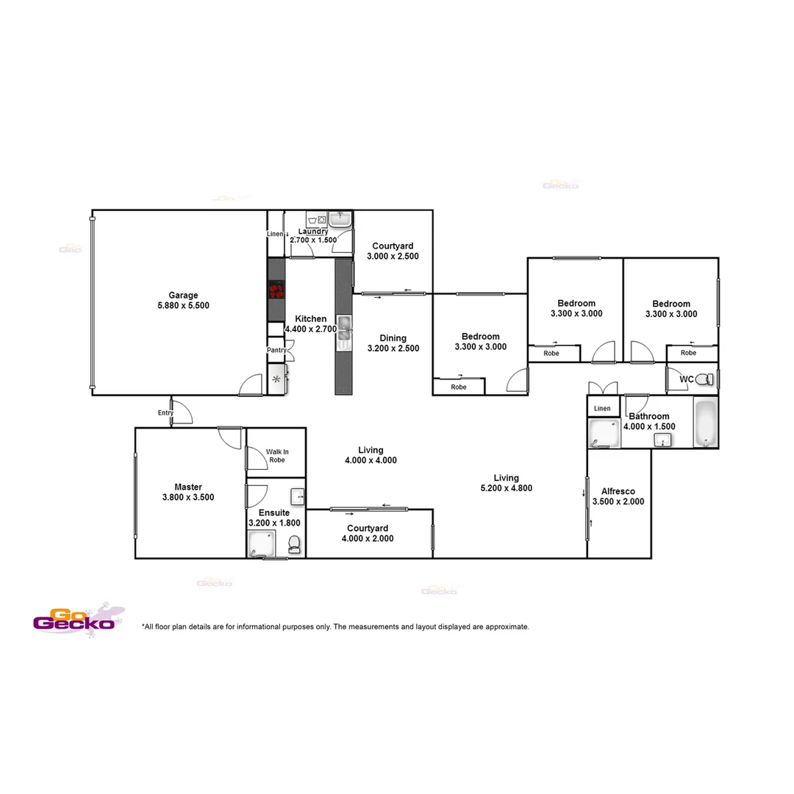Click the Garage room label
pos(183,296)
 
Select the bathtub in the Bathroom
pos(705,423)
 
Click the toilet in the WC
pos(704,379)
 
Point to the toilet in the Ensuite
pos(294,544)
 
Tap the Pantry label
pos(276,350)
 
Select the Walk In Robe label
pos(276,456)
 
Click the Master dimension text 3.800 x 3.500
pos(188,497)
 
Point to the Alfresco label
pos(618,491)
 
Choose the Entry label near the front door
pos(165,413)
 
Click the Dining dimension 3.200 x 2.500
pos(393,348)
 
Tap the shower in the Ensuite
pos(258,544)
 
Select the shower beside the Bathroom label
pos(604,434)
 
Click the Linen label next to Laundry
pos(275,234)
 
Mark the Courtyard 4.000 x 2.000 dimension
pos(368,538)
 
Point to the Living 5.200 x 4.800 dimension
pos(506,488)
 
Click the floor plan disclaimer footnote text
pos(335,627)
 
